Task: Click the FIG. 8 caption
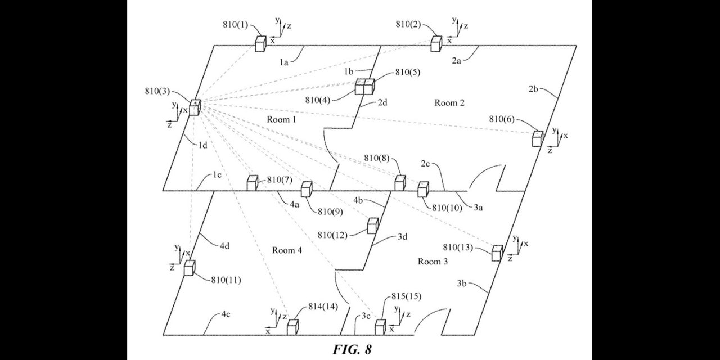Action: click(x=352, y=349)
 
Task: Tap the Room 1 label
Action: click(x=281, y=119)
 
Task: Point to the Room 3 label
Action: click(x=433, y=262)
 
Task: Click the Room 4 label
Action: click(x=287, y=250)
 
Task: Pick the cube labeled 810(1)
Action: click(x=260, y=44)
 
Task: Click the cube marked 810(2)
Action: click(x=436, y=43)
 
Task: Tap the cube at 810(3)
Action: click(x=195, y=107)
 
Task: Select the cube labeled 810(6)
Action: click(x=538, y=138)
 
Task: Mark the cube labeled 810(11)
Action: click(x=189, y=268)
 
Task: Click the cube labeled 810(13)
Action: click(x=497, y=253)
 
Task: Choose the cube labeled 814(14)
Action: click(x=292, y=327)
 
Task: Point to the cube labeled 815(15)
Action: click(x=381, y=327)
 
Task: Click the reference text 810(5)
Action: click(x=408, y=72)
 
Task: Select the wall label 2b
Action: click(x=534, y=89)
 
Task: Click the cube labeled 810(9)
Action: click(x=307, y=190)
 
